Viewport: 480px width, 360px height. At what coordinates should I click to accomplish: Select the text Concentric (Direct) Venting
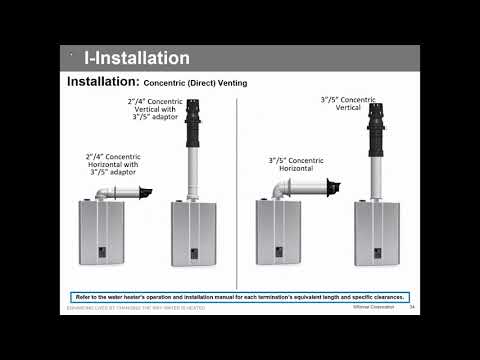188,83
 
